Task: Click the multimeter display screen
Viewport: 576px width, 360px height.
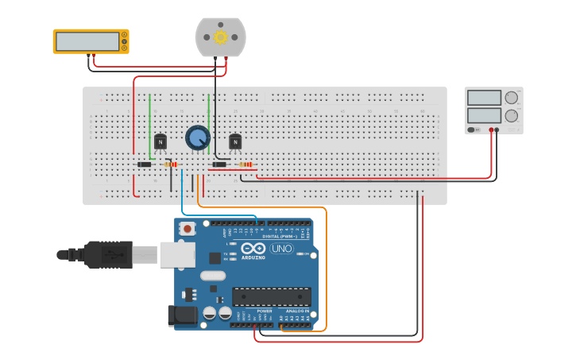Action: [87, 41]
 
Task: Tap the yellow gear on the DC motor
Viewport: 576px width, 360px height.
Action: [221, 37]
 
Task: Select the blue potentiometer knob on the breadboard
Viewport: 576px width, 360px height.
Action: [197, 137]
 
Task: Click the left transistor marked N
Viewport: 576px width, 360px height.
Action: [160, 141]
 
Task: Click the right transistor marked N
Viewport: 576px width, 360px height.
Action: [235, 141]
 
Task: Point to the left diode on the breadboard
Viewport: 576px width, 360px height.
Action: [145, 165]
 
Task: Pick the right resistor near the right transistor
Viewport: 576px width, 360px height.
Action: [245, 165]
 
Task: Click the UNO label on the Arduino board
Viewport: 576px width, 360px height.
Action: [282, 249]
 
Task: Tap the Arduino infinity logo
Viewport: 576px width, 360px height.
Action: [253, 249]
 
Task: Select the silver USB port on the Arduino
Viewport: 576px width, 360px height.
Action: [177, 254]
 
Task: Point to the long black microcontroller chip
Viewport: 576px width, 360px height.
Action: [271, 297]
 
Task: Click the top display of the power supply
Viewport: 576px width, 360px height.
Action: [484, 98]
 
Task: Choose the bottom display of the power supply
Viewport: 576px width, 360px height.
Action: [484, 115]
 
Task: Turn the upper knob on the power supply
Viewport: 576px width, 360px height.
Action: [511, 98]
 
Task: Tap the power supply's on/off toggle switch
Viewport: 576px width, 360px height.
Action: [474, 130]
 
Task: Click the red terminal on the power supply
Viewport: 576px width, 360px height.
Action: [492, 130]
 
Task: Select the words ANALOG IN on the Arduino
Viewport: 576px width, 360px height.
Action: [295, 311]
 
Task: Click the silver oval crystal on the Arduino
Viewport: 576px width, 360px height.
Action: [213, 276]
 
